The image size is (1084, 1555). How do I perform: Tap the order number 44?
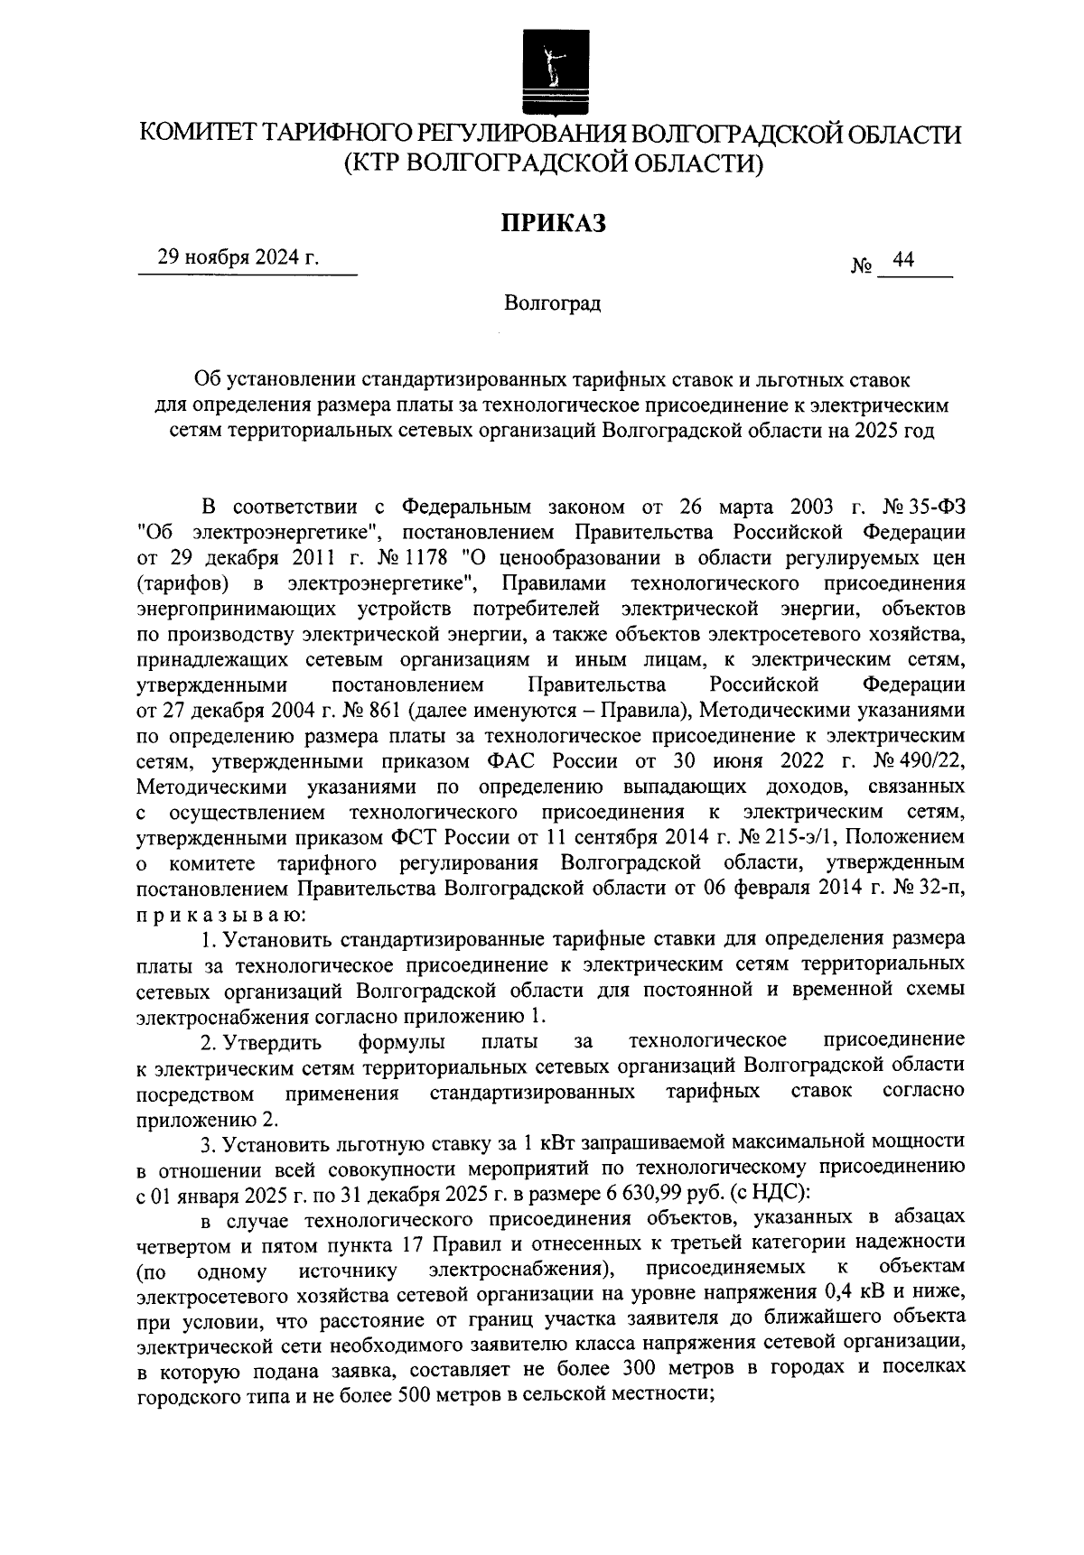click(x=903, y=260)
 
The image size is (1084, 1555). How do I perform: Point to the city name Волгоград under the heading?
click(x=553, y=303)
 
